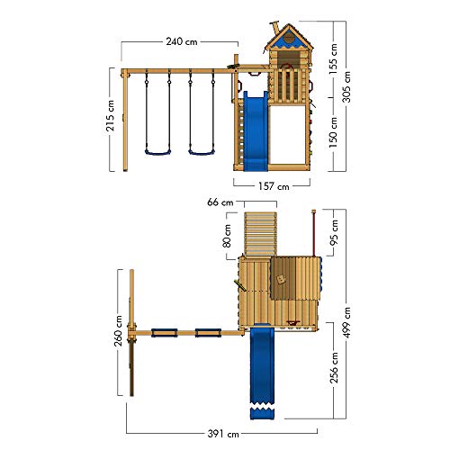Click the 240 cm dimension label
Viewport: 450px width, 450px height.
[x=182, y=41]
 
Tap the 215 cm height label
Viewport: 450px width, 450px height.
[x=111, y=115]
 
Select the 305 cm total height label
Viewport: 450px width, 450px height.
[x=346, y=87]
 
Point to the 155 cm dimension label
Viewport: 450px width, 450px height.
[x=333, y=59]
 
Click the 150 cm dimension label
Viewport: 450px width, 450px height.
[x=333, y=132]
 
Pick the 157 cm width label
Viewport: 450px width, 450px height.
[x=274, y=186]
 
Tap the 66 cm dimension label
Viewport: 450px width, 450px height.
[x=220, y=202]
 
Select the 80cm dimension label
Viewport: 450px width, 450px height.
[x=228, y=236]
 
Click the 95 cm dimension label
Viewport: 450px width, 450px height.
[x=334, y=232]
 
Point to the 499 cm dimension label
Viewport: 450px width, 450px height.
[x=346, y=322]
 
